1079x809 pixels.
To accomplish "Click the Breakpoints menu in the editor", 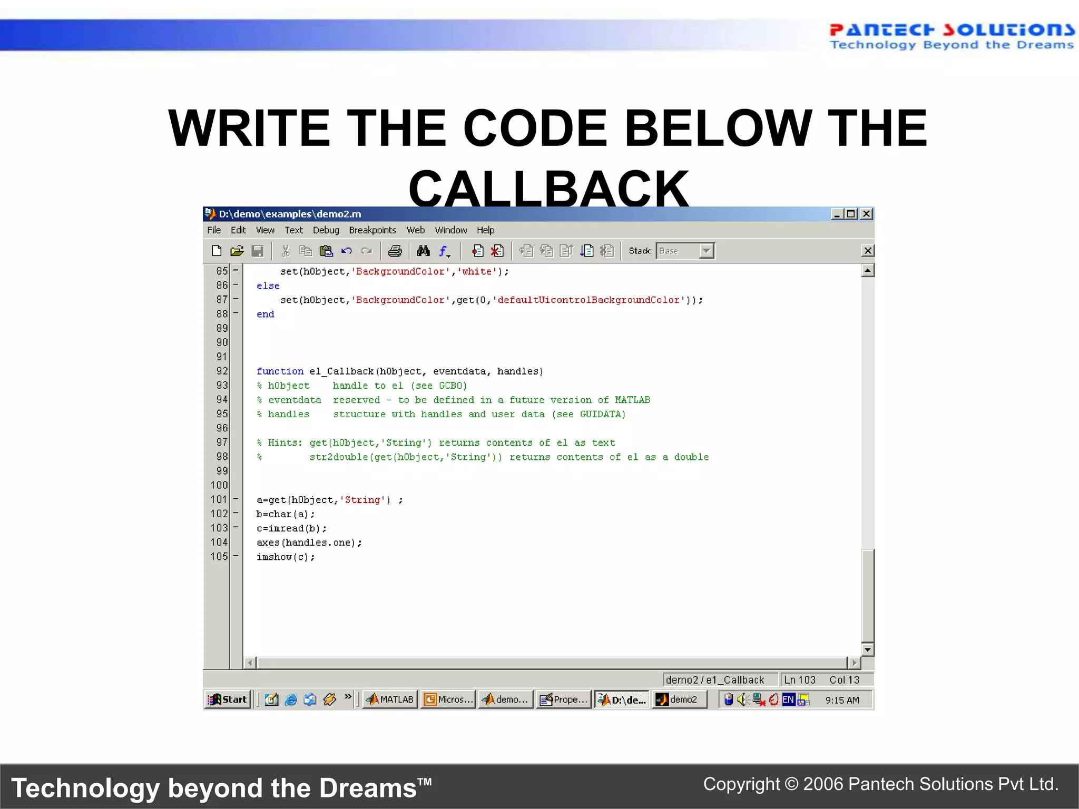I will (x=372, y=230).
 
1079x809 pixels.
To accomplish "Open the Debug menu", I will (x=326, y=230).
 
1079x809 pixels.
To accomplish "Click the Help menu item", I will (x=485, y=230).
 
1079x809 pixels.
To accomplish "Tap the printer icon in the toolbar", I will (x=395, y=251).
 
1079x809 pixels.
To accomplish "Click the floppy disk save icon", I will (x=258, y=251).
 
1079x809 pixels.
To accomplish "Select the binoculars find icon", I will (x=423, y=251).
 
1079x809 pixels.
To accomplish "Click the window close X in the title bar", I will (x=866, y=214).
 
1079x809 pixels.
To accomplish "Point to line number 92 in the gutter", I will (x=222, y=371).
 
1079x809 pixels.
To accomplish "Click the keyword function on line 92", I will (x=280, y=371).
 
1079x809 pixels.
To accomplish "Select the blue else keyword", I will (x=268, y=285).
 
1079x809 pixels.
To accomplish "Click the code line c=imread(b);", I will (x=291, y=528).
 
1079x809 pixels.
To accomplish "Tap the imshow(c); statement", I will (x=286, y=557).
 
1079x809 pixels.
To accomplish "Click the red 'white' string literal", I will (x=477, y=271).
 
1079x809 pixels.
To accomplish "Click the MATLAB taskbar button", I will (x=390, y=699).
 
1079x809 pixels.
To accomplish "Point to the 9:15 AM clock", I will (x=842, y=700).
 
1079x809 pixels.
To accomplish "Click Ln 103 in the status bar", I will (x=799, y=680).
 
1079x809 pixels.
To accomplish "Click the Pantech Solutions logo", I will (x=952, y=36).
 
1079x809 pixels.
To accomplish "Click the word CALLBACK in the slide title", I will (x=548, y=188).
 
